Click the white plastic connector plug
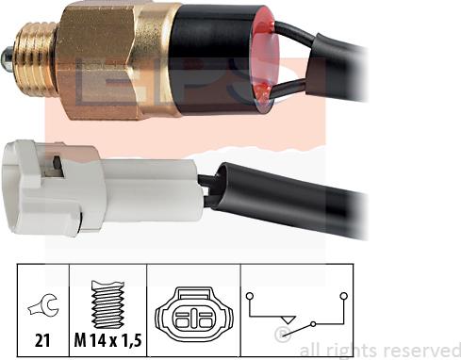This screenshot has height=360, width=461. coord(94,187)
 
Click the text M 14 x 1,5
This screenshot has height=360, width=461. coord(109,336)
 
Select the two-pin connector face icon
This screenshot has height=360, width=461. coord(193,311)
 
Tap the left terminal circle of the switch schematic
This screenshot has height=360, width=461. coord(250,297)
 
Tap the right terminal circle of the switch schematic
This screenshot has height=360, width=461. coord(345,296)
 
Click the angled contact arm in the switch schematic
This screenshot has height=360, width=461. coord(300,317)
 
